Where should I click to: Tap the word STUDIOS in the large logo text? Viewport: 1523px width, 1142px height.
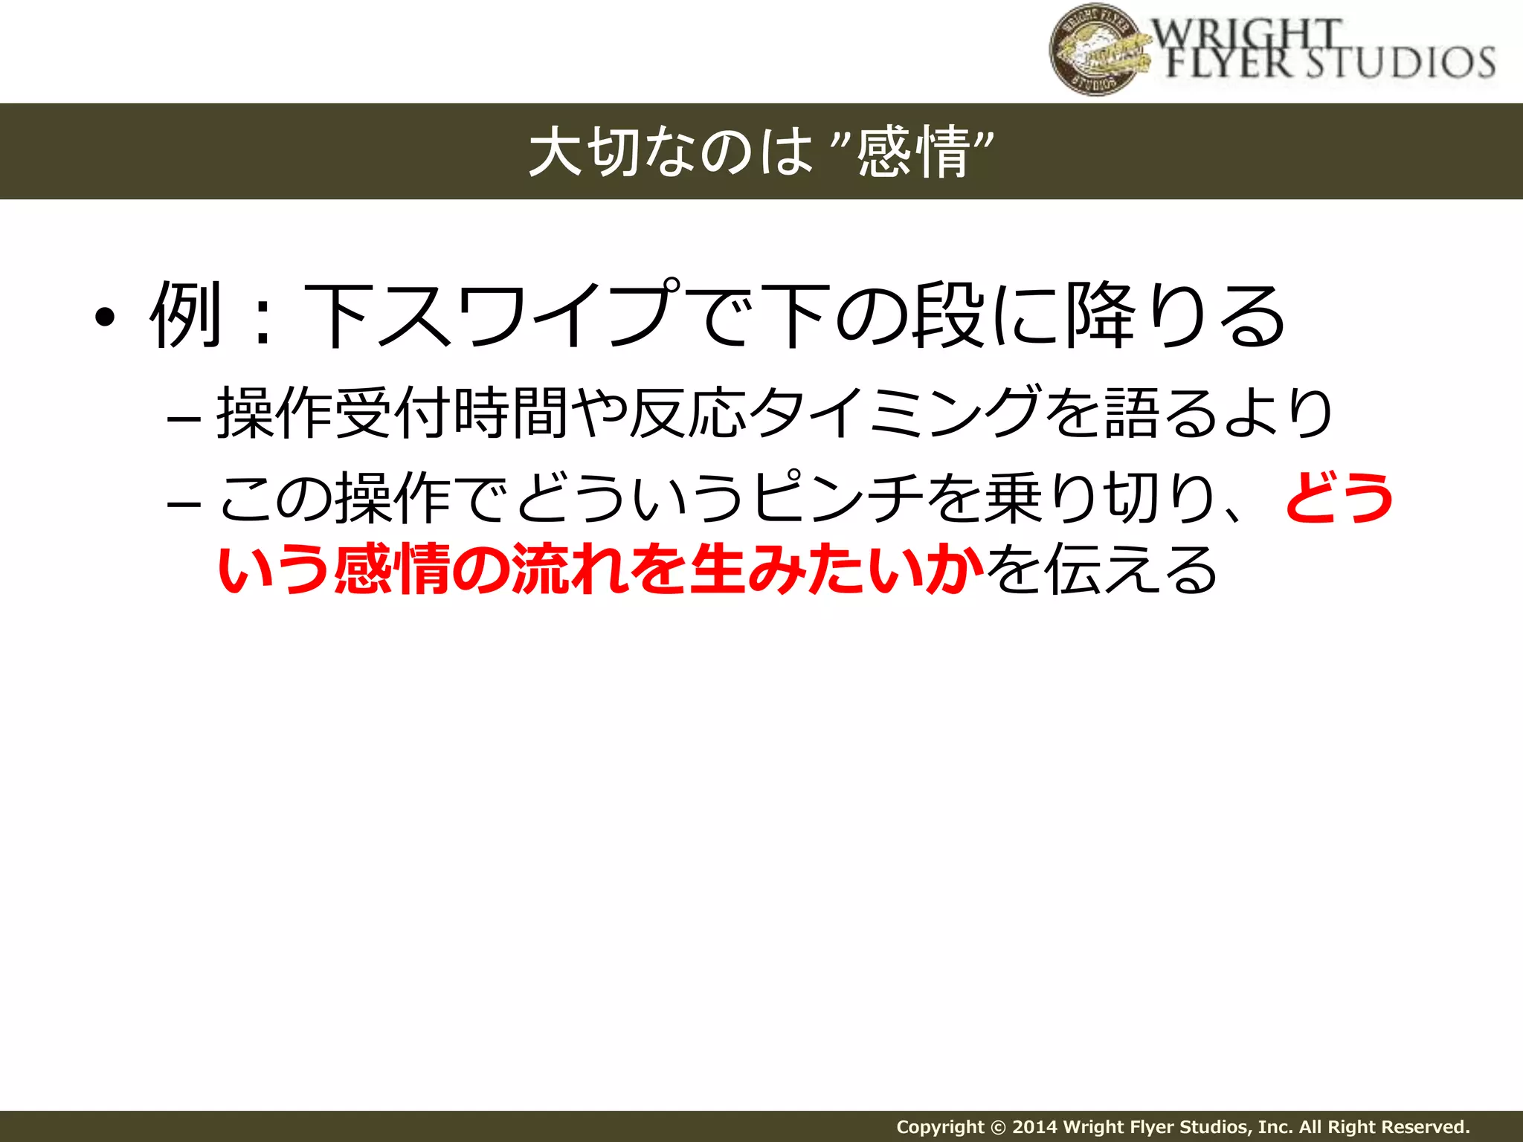(x=1401, y=62)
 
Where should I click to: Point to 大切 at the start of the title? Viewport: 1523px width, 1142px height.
(x=585, y=152)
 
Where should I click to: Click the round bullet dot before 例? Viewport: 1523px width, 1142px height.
(x=105, y=318)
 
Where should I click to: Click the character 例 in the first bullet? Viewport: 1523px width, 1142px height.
(x=187, y=315)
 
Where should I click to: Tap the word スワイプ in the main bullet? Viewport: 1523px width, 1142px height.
(x=529, y=315)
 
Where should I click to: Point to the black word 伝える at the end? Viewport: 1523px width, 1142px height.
(x=1130, y=570)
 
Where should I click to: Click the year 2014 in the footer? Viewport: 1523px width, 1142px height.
(x=1035, y=1126)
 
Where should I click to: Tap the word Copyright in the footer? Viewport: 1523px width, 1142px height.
(x=939, y=1126)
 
